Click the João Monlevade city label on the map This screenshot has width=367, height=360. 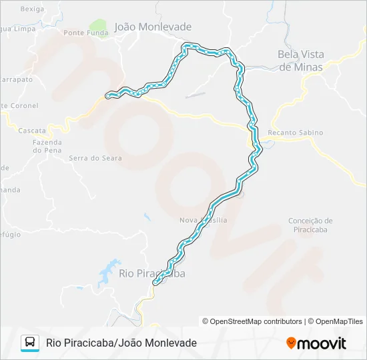point(153,27)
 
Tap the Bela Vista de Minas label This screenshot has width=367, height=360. point(300,61)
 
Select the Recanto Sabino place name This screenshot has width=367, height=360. point(295,133)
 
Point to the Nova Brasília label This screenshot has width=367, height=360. point(204,220)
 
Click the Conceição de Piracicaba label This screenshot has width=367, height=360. point(310,225)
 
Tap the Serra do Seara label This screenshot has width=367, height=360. point(95,158)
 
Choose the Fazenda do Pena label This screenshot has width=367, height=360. point(47,146)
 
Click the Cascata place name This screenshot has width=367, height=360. point(32,131)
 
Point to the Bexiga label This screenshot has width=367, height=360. point(32,9)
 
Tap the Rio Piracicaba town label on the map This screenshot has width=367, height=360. point(151,273)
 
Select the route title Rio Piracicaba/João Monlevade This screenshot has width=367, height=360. point(121,343)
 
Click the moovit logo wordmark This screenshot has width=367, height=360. point(322,343)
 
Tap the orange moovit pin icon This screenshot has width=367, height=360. point(291,343)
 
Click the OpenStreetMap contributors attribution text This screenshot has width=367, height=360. point(256,321)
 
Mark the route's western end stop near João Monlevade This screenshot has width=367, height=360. point(107,96)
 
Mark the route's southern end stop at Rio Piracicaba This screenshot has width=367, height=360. point(155,283)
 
